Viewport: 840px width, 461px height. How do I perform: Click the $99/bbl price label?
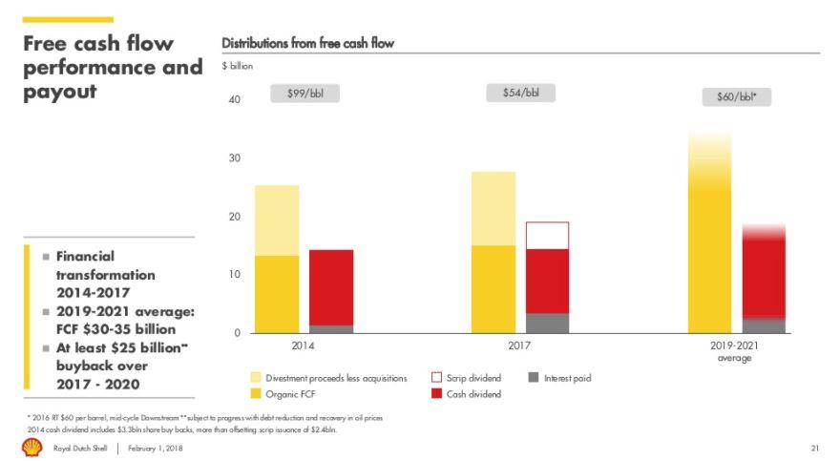click(305, 94)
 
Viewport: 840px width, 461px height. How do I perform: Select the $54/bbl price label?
click(520, 93)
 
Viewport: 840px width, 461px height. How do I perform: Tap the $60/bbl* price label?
click(736, 96)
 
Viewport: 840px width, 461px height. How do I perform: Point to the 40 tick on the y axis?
click(235, 100)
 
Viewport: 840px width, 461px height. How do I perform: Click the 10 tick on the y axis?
click(235, 275)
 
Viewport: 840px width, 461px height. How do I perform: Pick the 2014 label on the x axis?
click(303, 346)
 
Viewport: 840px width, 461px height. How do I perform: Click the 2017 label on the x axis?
click(520, 346)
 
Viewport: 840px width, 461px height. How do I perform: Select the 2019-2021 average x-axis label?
click(734, 351)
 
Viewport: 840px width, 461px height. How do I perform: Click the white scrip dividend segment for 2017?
click(547, 236)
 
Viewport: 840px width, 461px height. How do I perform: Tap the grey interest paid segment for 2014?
click(331, 328)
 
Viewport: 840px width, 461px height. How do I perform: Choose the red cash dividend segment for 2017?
click(547, 281)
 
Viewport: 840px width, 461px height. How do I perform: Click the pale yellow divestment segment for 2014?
click(277, 220)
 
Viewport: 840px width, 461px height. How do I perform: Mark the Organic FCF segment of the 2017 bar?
click(493, 289)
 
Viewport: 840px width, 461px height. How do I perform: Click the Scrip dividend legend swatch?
click(437, 378)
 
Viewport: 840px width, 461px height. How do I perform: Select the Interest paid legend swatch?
click(535, 378)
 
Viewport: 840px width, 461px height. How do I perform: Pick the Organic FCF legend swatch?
click(257, 393)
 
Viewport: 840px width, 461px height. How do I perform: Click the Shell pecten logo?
click(32, 447)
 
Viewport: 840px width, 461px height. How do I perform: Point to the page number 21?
click(815, 448)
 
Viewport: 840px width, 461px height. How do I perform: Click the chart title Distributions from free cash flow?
click(307, 43)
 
